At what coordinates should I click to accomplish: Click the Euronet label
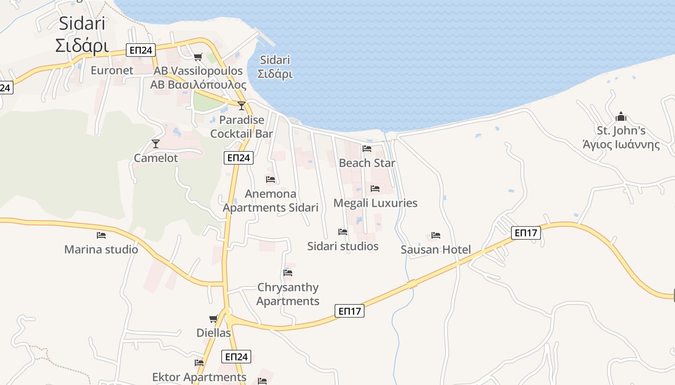tap(112, 70)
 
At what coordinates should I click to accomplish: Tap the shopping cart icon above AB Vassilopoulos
tap(198, 57)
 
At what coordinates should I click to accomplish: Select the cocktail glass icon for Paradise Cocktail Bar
tap(242, 105)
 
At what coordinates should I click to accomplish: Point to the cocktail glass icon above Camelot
tap(155, 143)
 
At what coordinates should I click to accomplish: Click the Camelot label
tap(156, 158)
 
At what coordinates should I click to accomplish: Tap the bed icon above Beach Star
tap(367, 148)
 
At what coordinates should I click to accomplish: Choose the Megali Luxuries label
tap(375, 203)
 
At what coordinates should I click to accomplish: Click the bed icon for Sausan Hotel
tap(436, 235)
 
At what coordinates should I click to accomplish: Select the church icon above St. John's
tap(621, 116)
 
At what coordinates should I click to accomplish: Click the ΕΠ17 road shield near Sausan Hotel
tap(526, 233)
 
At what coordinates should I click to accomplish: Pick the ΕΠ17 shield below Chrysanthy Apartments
tap(350, 311)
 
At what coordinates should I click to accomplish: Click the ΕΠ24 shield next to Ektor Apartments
tap(237, 357)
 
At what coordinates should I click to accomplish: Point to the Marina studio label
tap(101, 249)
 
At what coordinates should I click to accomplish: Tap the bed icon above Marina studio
tap(101, 235)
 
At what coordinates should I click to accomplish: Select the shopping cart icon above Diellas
tap(213, 319)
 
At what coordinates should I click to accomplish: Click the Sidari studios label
tap(343, 246)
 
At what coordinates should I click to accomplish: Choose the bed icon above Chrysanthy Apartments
tap(288, 272)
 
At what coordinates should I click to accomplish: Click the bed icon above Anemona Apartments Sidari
tap(270, 179)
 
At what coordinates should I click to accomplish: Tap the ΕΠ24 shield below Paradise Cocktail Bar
tap(239, 157)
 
